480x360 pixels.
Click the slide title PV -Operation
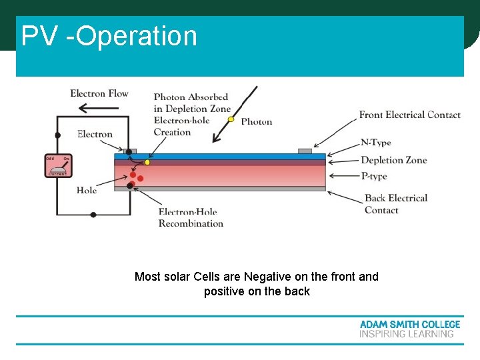point(109,36)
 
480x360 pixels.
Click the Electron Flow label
point(99,93)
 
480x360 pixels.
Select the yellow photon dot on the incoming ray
point(231,120)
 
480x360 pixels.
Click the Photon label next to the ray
point(257,121)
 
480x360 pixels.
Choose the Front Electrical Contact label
point(409,115)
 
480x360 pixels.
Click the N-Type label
point(375,142)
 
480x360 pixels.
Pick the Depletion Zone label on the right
point(393,160)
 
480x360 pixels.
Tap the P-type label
point(373,177)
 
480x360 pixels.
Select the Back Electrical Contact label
point(395,204)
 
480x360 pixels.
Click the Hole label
point(87,190)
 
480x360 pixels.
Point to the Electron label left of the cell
point(95,134)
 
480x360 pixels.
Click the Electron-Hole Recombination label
point(191,218)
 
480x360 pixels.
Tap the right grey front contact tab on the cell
point(305,151)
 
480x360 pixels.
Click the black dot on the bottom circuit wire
point(93,215)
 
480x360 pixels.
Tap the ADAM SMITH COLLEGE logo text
point(409,324)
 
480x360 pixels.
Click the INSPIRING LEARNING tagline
point(407,334)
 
